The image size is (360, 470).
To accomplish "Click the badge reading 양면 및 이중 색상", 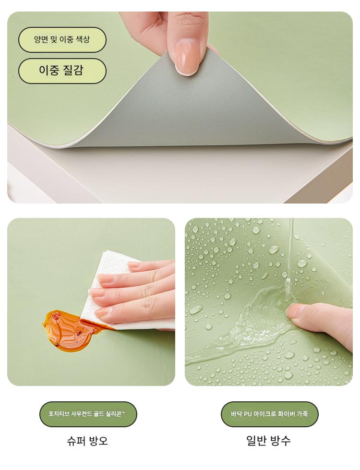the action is [62, 39].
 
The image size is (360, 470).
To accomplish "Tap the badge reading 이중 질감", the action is [62, 71].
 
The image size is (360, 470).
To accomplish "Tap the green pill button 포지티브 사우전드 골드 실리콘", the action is [88, 414].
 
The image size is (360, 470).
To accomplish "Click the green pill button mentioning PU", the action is [269, 414].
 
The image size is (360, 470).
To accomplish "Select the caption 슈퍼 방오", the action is [87, 441].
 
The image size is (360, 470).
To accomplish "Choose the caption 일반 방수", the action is [268, 441].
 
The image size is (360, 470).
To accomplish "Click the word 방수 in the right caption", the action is [280, 441].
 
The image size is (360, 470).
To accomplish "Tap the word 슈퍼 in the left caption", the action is [76, 441].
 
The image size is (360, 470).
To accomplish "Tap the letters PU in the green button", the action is [248, 414].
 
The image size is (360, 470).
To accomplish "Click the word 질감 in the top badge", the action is [73, 71].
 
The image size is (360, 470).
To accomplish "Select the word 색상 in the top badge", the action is [83, 39].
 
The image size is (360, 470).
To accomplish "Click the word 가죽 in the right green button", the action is [302, 414].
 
